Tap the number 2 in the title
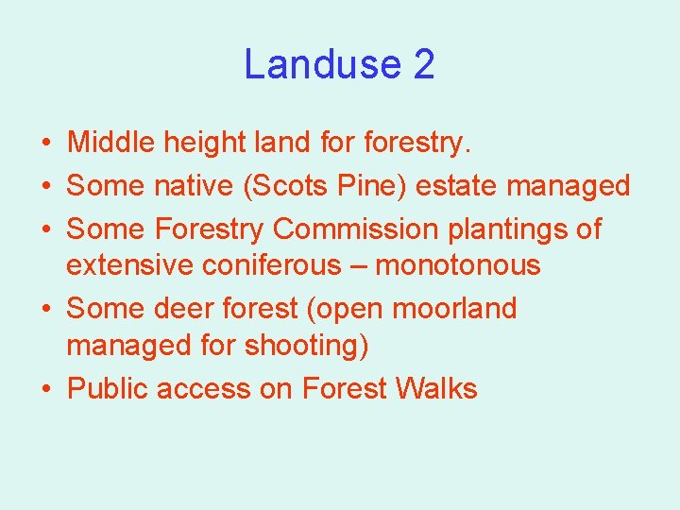click(424, 65)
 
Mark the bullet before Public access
click(45, 389)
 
